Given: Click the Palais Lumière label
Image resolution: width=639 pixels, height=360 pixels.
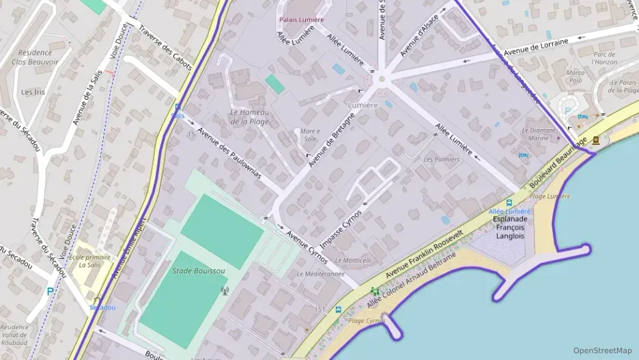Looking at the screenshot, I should click(300, 20).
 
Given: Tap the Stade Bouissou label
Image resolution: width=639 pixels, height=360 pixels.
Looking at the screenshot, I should click(199, 271).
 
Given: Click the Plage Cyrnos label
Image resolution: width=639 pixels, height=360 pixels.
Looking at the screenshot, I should click(367, 320).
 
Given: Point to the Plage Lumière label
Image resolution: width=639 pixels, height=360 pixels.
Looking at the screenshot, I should click(550, 197).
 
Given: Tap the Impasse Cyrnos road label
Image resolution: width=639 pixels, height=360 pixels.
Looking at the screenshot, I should click(342, 223).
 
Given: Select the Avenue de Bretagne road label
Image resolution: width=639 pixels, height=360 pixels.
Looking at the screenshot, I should click(332, 141).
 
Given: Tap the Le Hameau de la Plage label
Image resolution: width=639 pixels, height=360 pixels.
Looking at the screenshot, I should click(249, 117).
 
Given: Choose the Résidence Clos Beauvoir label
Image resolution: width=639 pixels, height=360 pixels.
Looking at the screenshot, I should click(35, 57).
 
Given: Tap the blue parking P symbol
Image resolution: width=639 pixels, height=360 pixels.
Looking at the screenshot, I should click(50, 291).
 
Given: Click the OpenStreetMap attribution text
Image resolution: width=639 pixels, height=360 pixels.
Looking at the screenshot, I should click(602, 350).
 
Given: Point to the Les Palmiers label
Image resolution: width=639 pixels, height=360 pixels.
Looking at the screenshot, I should click(442, 159).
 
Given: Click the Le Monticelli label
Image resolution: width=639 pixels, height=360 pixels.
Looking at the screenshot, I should click(353, 260).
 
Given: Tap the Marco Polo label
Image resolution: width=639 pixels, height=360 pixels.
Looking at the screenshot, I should click(576, 76).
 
